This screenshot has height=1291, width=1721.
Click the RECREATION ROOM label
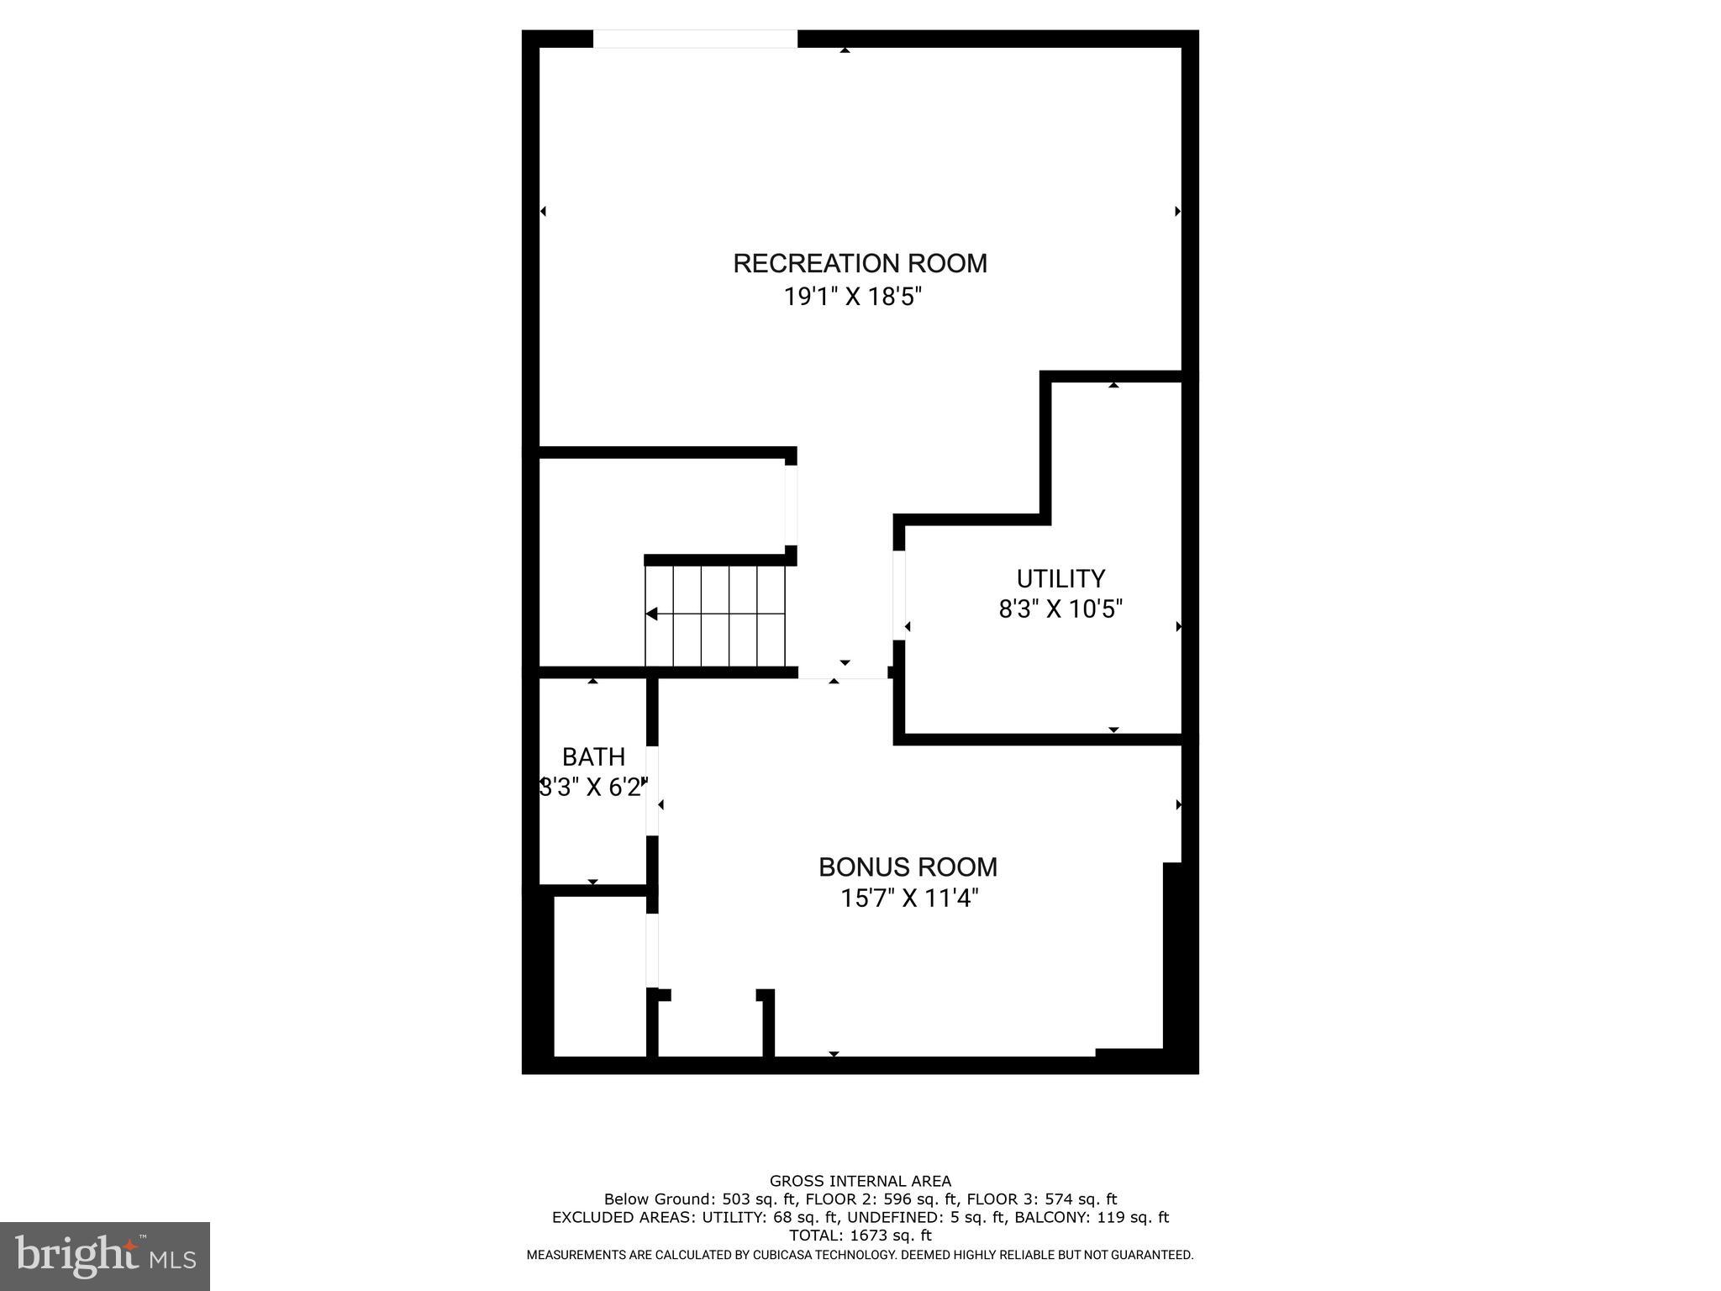pyautogui.click(x=860, y=263)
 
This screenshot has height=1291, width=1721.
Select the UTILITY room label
pyautogui.click(x=1060, y=578)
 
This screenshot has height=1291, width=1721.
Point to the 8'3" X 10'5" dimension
pyautogui.click(x=1060, y=609)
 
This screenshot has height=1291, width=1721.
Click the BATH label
pyautogui.click(x=593, y=757)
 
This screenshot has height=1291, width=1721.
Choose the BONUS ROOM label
pyautogui.click(x=908, y=867)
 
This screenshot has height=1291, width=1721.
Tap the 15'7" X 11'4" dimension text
pyautogui.click(x=909, y=898)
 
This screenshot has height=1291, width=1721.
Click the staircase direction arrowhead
pyautogui.click(x=651, y=614)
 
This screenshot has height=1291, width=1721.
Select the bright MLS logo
pyautogui.click(x=105, y=1256)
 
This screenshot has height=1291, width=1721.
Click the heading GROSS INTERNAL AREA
pyautogui.click(x=860, y=1181)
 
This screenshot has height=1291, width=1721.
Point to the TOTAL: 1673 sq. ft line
pyautogui.click(x=860, y=1236)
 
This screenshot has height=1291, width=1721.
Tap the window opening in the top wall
pyautogui.click(x=695, y=39)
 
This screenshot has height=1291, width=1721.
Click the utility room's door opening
pyautogui.click(x=898, y=595)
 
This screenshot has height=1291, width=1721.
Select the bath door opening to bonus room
pyautogui.click(x=652, y=790)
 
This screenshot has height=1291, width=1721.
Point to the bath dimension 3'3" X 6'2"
pyautogui.click(x=593, y=788)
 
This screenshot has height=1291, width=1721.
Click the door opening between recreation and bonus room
pyautogui.click(x=843, y=672)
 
